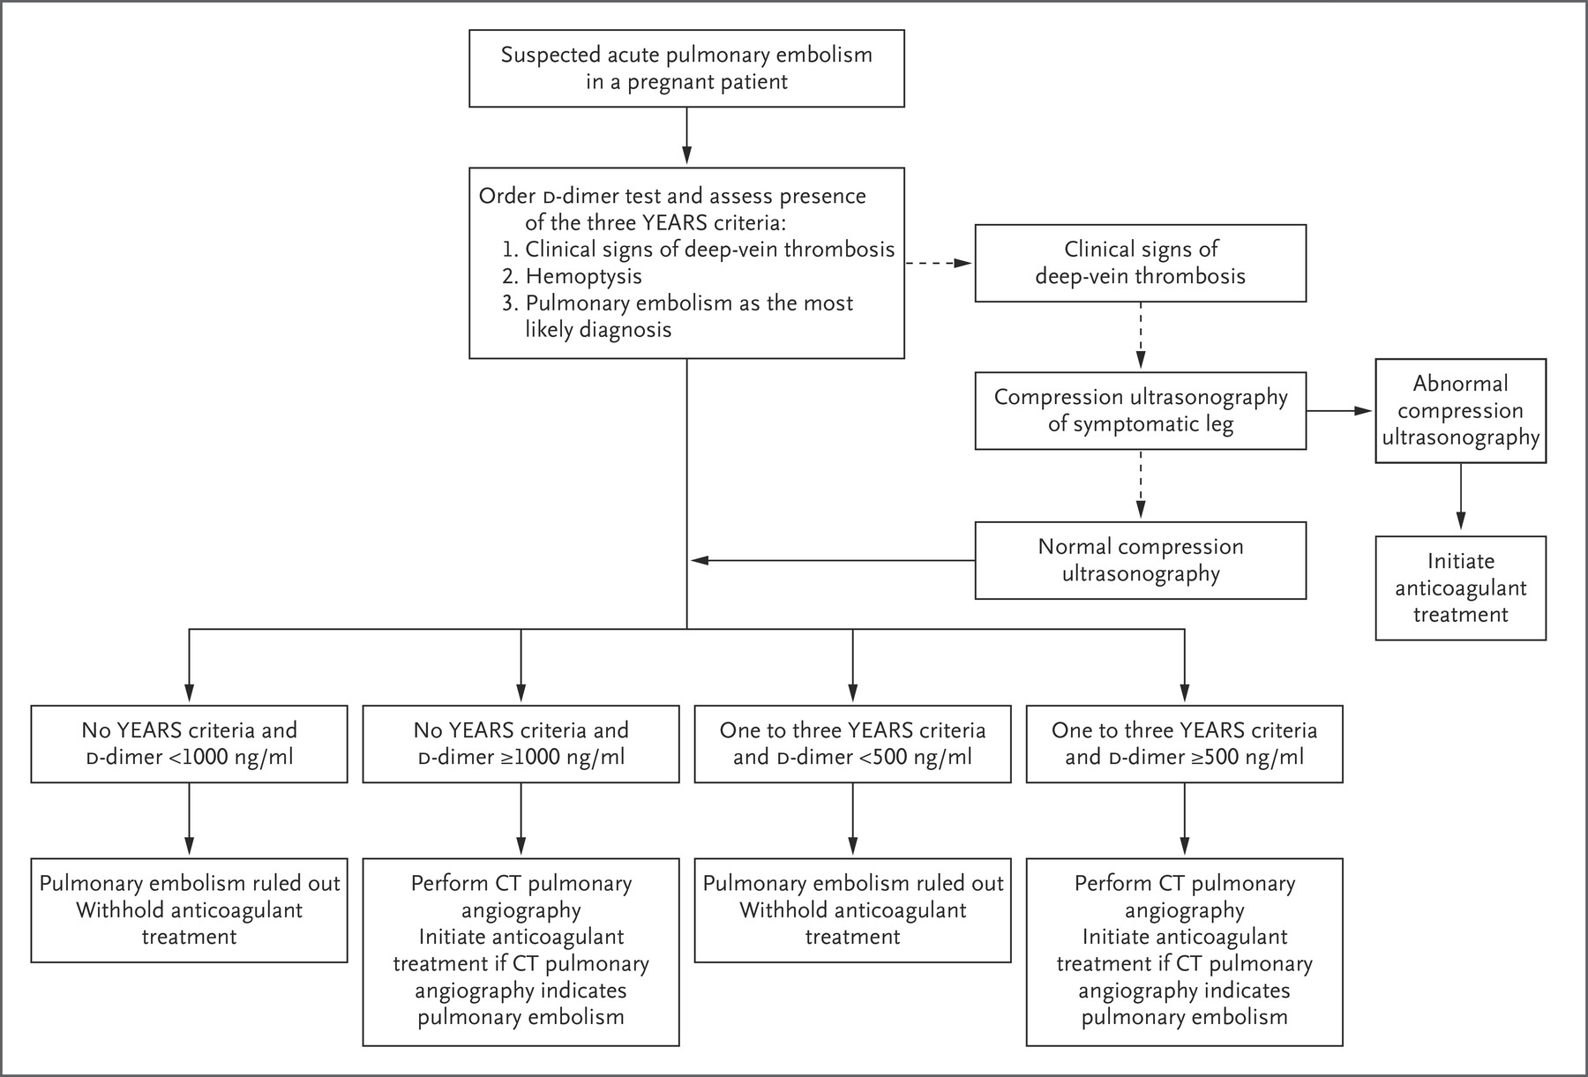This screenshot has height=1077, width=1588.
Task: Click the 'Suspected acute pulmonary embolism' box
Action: coord(686,68)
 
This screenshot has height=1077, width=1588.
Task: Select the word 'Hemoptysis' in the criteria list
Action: coord(583,276)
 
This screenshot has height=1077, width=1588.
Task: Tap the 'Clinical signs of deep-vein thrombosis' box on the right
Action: coord(1140,263)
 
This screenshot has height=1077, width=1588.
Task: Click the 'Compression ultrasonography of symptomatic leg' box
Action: coord(1140,410)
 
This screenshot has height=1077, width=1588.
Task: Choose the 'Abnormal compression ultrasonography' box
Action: coord(1460,410)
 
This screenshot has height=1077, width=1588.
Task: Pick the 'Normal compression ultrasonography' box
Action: coord(1140,560)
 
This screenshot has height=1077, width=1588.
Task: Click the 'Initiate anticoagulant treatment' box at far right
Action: coord(1460,587)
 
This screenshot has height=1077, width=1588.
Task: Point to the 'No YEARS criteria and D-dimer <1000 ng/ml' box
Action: coord(189,744)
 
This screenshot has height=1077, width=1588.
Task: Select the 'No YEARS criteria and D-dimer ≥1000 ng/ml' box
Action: coord(521,744)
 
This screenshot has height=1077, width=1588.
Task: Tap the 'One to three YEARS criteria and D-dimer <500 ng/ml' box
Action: coord(852,744)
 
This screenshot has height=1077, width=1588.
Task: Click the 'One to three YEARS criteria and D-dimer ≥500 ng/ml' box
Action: coord(1184,744)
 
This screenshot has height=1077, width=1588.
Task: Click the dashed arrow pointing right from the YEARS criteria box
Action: coord(940,263)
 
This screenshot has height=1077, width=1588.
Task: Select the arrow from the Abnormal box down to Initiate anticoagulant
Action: coord(1460,499)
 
